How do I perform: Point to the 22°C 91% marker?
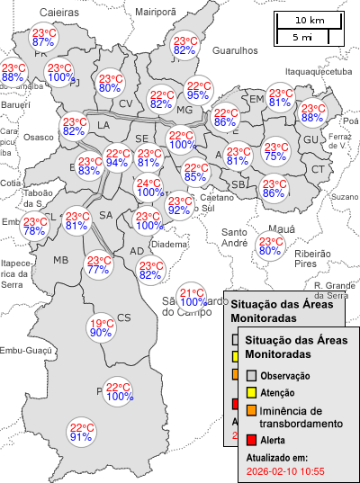[x=81, y=433]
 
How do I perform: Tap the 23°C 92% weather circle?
[x=178, y=206]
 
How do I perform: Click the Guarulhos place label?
[x=235, y=52]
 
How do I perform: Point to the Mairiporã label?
[x=156, y=13]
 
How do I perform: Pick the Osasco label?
[x=38, y=138]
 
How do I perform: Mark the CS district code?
[x=124, y=317]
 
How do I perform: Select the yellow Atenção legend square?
[x=252, y=393]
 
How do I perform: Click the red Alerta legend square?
[x=252, y=440]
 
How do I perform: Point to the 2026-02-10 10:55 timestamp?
[x=284, y=470]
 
